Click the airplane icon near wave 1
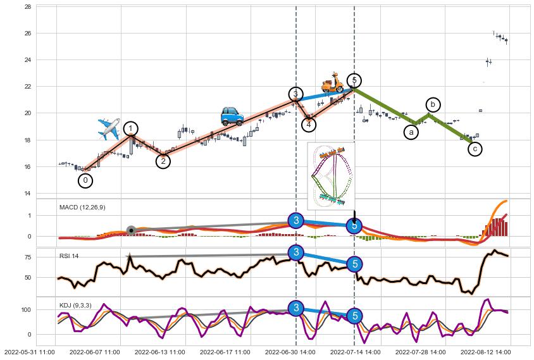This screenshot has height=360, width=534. tap(109, 128)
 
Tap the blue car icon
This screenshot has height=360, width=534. tap(232, 116)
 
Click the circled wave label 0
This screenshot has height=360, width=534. tap(85, 180)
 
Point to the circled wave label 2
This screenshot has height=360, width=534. tap(163, 161)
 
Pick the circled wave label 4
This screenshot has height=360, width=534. tap(308, 124)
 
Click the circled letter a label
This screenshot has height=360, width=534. tap(411, 132)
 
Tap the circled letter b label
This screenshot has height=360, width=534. tap(433, 104)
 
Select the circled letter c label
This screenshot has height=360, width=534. tap(475, 149)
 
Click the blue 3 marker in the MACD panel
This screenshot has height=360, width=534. tap(295, 220)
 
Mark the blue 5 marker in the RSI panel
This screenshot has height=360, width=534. tap(355, 264)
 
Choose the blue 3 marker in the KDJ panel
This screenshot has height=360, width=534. tap(295, 308)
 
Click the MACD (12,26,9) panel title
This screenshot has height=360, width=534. tap(82, 207)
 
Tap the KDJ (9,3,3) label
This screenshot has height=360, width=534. tap(75, 305)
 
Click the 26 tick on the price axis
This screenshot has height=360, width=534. tap(28, 33)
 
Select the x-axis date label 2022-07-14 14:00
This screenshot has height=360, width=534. tap(355, 351)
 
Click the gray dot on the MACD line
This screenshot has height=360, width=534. tap(131, 230)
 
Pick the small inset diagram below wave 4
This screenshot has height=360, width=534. tap(330, 175)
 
